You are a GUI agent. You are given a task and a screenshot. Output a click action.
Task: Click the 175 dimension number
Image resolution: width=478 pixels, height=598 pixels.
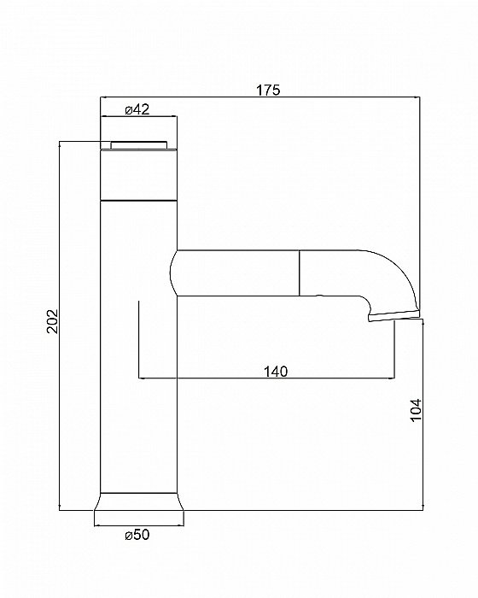pyautogui.click(x=268, y=88)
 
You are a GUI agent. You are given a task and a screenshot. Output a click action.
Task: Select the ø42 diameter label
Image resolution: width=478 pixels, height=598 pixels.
pyautogui.click(x=137, y=108)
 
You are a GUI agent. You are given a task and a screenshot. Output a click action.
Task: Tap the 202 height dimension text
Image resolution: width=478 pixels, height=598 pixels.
pyautogui.click(x=50, y=321)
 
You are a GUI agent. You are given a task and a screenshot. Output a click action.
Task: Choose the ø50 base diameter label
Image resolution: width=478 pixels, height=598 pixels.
pyautogui.click(x=138, y=536)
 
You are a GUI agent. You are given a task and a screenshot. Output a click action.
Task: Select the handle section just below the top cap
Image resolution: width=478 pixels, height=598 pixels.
pyautogui.click(x=138, y=173)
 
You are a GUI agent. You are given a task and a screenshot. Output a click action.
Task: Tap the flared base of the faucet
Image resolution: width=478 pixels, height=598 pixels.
pyautogui.click(x=138, y=507)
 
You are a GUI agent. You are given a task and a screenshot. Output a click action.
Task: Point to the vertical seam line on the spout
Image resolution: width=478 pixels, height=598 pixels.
pyautogui.click(x=299, y=273)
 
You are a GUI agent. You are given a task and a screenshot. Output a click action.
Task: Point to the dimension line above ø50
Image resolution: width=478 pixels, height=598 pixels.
pyautogui.click(x=138, y=523)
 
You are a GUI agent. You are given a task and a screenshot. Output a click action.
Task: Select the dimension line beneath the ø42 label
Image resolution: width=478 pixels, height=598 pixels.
pyautogui.click(x=138, y=118)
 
